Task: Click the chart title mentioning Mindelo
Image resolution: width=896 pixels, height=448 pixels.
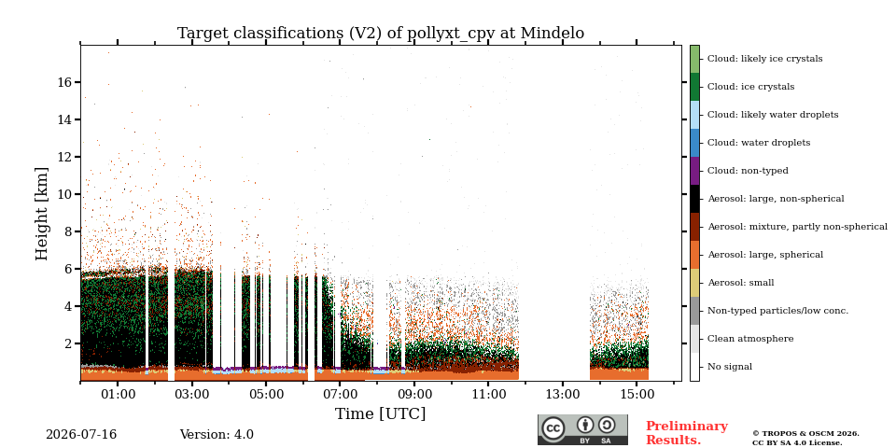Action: [381, 34]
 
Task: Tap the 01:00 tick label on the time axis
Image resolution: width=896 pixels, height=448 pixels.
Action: [118, 394]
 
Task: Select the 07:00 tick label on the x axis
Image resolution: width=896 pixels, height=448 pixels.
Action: [340, 394]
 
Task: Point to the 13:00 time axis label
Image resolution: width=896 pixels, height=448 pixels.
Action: [563, 394]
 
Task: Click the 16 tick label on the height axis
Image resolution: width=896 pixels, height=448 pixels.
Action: [64, 82]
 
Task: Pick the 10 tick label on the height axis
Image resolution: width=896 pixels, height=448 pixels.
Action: [64, 194]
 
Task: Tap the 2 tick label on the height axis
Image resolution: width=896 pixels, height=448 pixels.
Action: [68, 343]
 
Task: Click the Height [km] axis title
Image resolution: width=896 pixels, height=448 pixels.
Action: [42, 214]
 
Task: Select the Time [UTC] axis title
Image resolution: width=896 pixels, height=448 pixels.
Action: [381, 413]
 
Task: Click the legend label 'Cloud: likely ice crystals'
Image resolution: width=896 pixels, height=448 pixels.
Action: [765, 59]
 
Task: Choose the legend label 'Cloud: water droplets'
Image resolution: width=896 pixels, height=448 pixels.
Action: [759, 143]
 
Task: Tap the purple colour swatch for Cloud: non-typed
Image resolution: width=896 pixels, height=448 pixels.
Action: [694, 171]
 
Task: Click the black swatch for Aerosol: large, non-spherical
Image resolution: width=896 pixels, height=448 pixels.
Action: [694, 199]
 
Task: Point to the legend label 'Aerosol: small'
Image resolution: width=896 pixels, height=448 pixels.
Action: [741, 283]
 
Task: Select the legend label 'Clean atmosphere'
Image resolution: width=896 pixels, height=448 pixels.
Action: [750, 339]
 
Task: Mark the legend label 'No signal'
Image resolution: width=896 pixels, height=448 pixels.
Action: [730, 367]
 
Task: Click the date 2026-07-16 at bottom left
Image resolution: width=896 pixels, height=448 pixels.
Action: [81, 435]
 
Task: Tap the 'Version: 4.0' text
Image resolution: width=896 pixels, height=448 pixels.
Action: [217, 435]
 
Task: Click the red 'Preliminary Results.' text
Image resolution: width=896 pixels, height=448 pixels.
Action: [687, 433]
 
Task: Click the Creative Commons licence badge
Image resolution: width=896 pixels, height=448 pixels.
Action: [582, 429]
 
